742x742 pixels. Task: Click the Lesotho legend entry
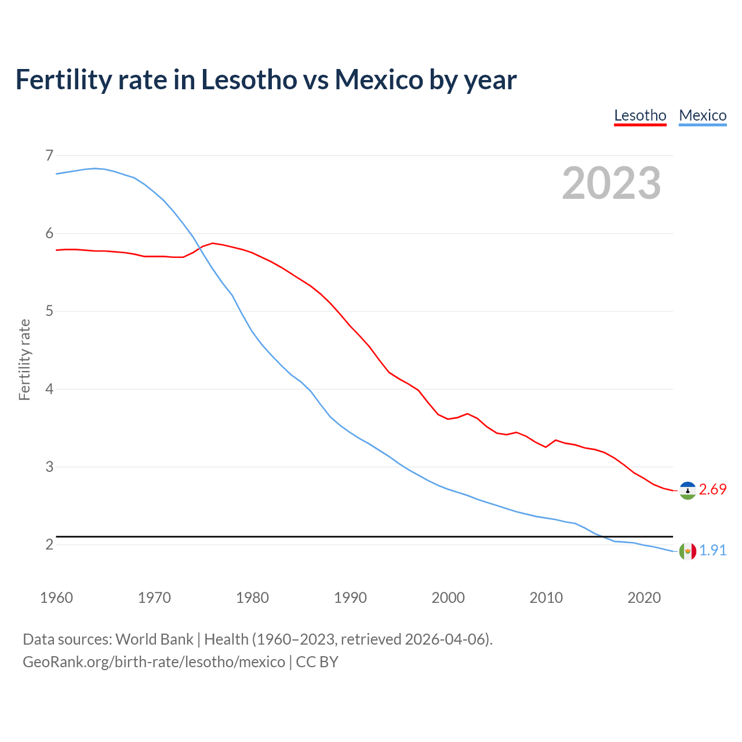640,115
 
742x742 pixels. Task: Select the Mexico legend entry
703,115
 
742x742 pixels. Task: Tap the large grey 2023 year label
612,183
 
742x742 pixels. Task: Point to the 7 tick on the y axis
49,155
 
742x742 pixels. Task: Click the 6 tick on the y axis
49,233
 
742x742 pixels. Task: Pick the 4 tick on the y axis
49,388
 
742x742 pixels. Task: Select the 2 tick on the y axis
49,544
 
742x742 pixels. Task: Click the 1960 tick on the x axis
56,598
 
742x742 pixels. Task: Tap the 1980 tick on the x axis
252,598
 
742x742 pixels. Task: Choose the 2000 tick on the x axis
448,598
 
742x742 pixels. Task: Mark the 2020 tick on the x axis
644,598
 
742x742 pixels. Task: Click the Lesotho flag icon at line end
688,490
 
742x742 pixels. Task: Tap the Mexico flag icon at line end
688,551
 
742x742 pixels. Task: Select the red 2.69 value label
712,490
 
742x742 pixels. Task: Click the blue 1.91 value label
712,551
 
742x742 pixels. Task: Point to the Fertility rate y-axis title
24,359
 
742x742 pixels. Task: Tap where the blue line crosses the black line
602,537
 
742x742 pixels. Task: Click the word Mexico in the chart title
379,79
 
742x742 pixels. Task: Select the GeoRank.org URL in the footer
154,662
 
